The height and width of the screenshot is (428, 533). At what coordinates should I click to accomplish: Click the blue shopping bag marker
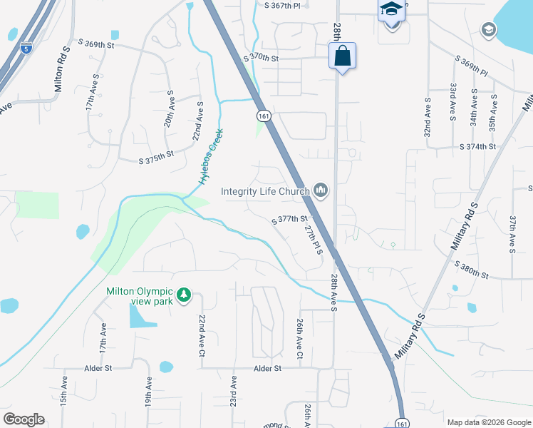pyautogui.click(x=342, y=56)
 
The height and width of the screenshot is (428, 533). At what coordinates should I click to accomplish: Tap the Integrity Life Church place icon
pyautogui.click(x=320, y=190)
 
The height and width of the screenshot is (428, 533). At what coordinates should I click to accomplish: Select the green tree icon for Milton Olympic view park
pyautogui.click(x=184, y=295)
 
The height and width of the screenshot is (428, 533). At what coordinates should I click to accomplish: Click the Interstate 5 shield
pyautogui.click(x=26, y=49)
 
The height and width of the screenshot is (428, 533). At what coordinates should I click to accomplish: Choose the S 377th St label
pyautogui.click(x=289, y=220)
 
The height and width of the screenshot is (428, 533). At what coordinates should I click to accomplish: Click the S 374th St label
pyautogui.click(x=477, y=146)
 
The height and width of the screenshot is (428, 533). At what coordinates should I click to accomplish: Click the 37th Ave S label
pyautogui.click(x=512, y=235)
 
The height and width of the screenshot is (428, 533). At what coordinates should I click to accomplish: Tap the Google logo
pyautogui.click(x=24, y=419)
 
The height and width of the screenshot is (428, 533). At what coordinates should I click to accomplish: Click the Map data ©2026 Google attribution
pyautogui.click(x=488, y=422)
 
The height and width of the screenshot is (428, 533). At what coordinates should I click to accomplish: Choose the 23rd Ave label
pyautogui.click(x=233, y=393)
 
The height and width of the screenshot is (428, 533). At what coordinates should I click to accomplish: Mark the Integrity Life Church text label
pyautogui.click(x=265, y=191)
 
